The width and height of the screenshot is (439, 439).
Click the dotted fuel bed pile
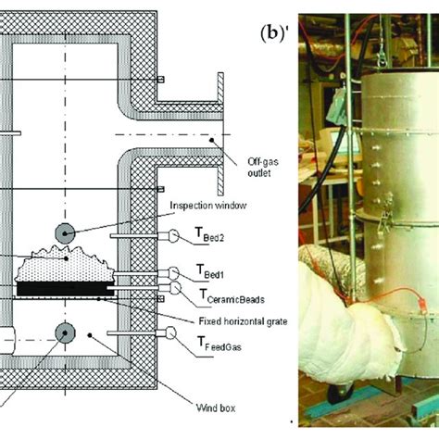pos(60,269)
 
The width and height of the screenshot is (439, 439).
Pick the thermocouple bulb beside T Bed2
pos(173,237)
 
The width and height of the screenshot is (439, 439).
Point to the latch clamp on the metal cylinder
pos(383,219)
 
